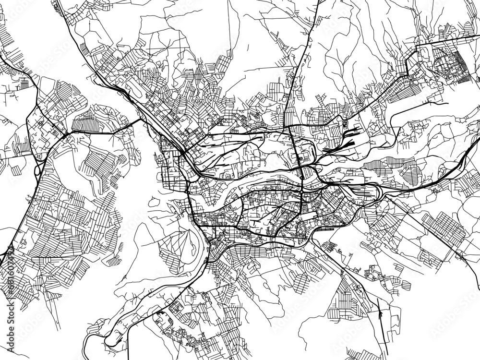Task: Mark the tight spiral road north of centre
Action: tap(253, 114)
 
